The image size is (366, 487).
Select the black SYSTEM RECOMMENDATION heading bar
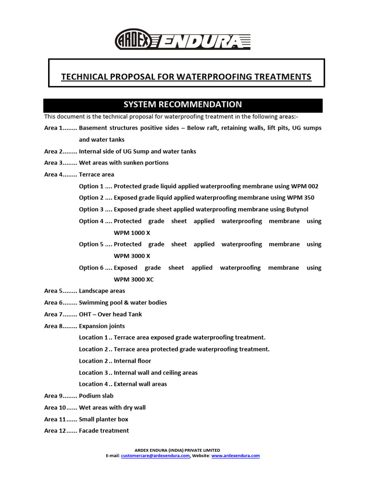click(x=183, y=105)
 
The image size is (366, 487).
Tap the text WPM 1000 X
click(x=132, y=233)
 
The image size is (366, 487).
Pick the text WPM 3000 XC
click(x=134, y=280)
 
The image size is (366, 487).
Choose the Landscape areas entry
click(x=102, y=291)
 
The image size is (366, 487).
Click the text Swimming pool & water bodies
click(x=123, y=302)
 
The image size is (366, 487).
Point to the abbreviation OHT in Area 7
click(x=85, y=314)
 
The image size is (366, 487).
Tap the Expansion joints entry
click(x=102, y=326)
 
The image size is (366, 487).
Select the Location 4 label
click(x=93, y=384)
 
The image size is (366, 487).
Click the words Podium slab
click(x=96, y=396)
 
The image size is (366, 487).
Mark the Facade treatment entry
click(x=104, y=431)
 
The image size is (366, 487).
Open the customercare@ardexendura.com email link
click(x=155, y=456)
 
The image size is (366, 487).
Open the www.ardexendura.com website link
click(x=235, y=456)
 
